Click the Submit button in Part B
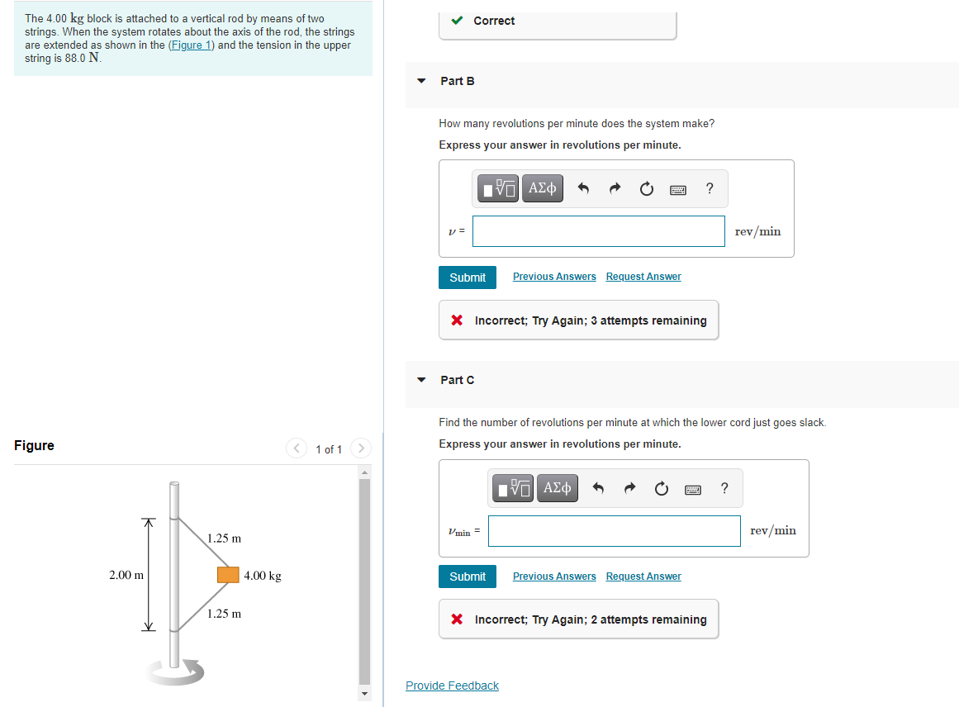[x=468, y=278]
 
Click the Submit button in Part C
[x=468, y=577]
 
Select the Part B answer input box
[x=598, y=231]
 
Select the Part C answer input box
[x=614, y=530]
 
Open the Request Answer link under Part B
[x=643, y=277]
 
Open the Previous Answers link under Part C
[x=554, y=577]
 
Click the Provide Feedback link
[x=452, y=686]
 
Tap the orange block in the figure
[x=228, y=575]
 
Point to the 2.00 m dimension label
[x=126, y=575]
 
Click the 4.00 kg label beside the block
[x=263, y=576]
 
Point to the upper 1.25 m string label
[x=224, y=539]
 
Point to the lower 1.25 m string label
[x=224, y=614]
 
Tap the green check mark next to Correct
[x=457, y=21]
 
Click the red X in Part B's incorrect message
[x=457, y=320]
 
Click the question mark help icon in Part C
[x=724, y=488]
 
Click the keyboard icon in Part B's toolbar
[x=678, y=190]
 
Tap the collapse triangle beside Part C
[x=421, y=380]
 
